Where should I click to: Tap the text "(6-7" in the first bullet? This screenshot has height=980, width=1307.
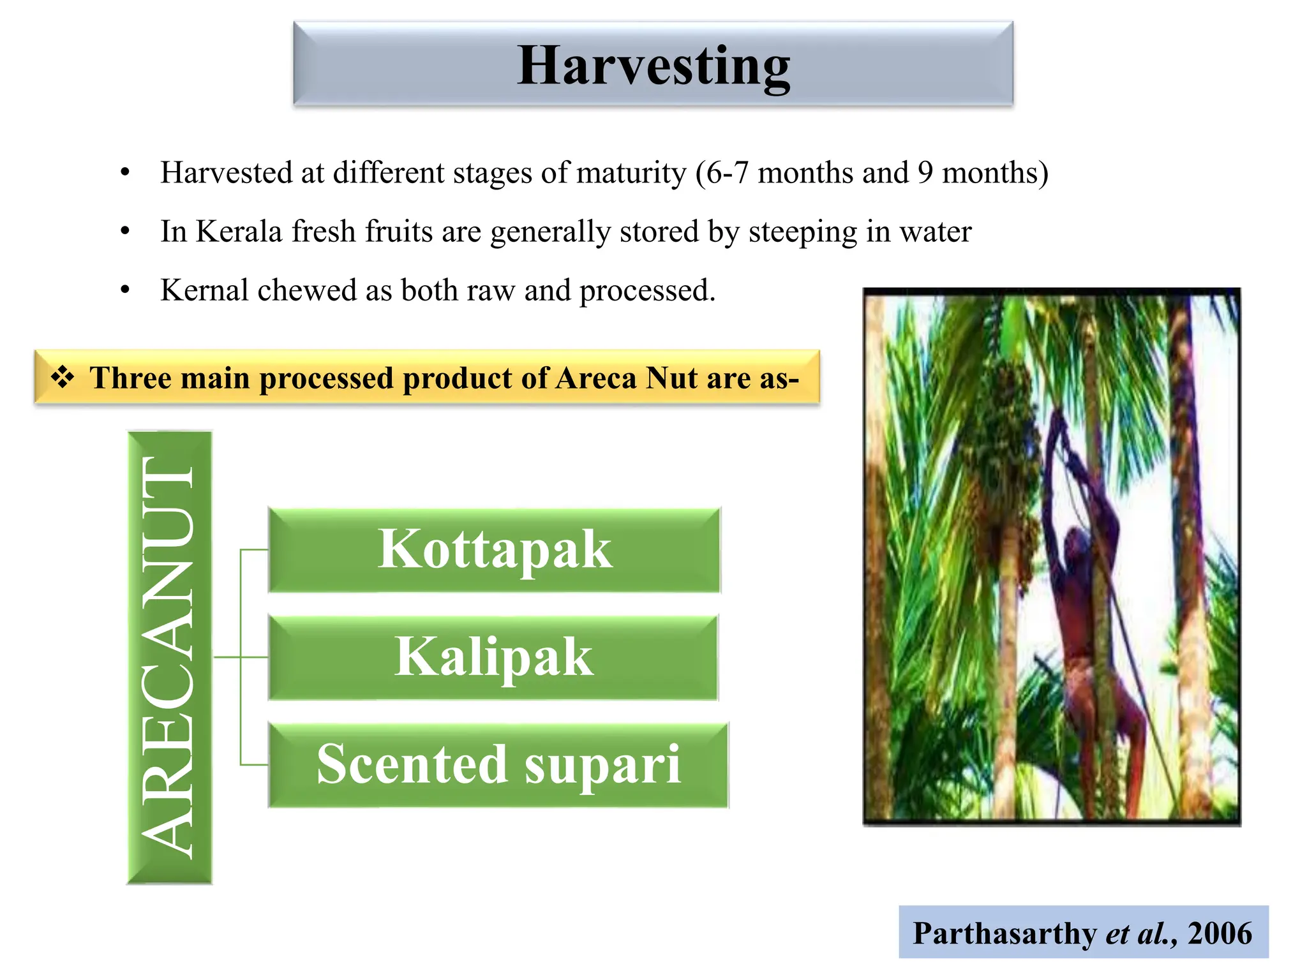click(722, 173)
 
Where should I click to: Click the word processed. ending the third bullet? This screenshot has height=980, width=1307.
click(647, 292)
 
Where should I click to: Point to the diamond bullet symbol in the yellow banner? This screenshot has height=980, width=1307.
click(63, 377)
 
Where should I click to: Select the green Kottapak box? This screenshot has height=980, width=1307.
click(494, 550)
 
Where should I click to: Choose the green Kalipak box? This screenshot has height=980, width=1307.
click(493, 657)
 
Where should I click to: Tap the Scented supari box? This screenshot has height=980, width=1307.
click(498, 764)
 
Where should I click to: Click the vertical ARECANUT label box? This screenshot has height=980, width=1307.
click(169, 657)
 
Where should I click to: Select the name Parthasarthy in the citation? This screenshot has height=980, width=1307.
click(1004, 933)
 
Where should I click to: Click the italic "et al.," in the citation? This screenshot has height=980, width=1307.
click(1142, 933)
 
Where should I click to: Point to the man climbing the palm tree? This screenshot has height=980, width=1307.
click(1085, 593)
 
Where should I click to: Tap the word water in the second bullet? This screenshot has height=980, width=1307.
click(935, 231)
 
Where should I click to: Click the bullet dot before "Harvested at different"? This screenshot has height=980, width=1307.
click(125, 173)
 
